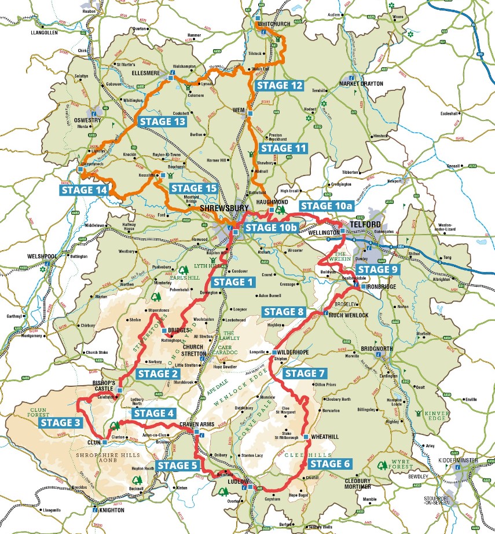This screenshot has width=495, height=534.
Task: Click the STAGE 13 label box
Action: (x=162, y=122)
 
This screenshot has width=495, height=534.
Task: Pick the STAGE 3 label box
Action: (x=61, y=422)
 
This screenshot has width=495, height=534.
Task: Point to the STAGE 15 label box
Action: (x=194, y=188)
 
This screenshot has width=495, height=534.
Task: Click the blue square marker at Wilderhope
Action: (x=273, y=352)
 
